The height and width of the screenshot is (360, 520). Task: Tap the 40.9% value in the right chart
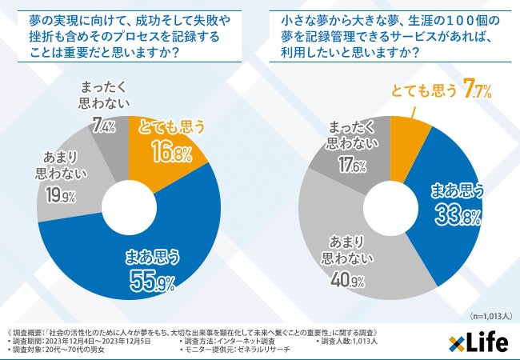pos(346,281)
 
